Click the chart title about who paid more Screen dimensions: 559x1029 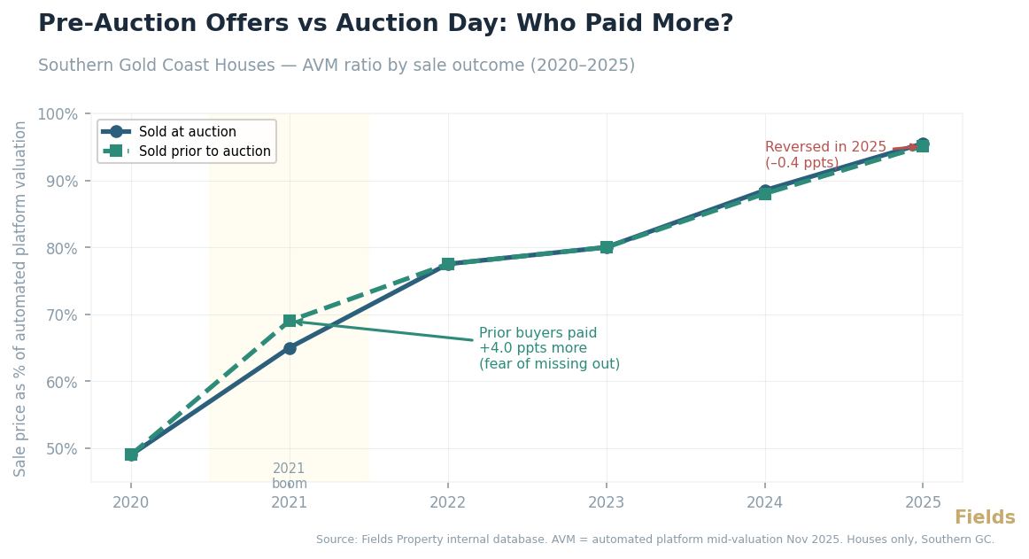click(385, 24)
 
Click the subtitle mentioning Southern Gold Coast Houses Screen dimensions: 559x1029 click(337, 66)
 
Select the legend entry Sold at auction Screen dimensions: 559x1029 click(187, 132)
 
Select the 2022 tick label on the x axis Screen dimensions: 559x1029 click(448, 502)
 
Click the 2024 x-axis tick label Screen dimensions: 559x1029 click(765, 502)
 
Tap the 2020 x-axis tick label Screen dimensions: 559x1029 click(131, 502)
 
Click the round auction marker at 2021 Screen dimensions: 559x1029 click(290, 348)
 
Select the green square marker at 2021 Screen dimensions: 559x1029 click(290, 321)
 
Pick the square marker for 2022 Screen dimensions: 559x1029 click(448, 264)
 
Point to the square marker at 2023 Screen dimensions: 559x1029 click(607, 247)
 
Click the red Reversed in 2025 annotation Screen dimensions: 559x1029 click(824, 155)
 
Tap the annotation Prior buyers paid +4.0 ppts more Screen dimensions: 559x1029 click(548, 348)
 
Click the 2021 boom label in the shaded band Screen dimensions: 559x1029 click(290, 476)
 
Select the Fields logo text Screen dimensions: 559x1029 click(984, 518)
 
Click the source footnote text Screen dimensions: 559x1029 click(654, 540)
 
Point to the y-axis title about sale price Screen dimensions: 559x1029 click(21, 299)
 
